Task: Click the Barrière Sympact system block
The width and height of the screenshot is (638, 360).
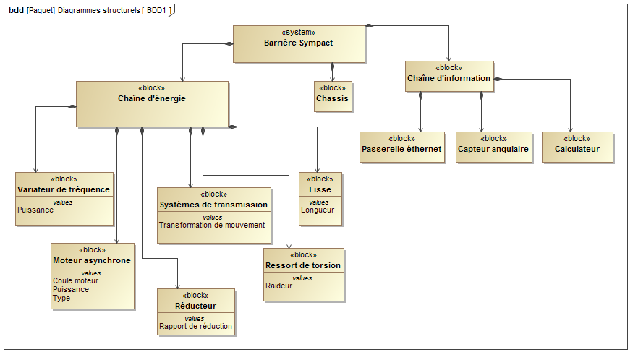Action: coord(298,43)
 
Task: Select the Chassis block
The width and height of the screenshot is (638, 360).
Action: coord(333,98)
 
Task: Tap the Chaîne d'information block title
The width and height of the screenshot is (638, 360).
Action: coord(448,78)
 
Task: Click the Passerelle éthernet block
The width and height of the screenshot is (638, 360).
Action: coord(401,149)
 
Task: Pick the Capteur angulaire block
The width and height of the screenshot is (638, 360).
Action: coord(493,149)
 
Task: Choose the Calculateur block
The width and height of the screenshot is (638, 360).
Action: coord(577,149)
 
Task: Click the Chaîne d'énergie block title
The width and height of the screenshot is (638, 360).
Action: coord(152,98)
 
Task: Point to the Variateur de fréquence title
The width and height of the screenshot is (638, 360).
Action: coord(64,189)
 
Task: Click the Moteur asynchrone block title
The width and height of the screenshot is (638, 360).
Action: coord(92,260)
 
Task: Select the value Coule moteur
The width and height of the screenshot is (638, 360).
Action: coord(76,280)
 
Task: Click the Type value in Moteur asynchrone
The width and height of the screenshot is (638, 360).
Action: coord(61,298)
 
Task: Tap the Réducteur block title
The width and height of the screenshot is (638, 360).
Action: coord(196,306)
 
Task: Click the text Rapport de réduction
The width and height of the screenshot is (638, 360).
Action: coord(196,326)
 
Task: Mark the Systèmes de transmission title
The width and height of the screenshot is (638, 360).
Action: coord(213,205)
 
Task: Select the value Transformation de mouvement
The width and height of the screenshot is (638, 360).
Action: coord(212,225)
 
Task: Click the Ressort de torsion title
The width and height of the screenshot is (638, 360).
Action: coord(304,265)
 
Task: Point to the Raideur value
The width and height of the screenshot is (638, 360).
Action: coord(279,286)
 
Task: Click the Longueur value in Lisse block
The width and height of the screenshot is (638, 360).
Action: coord(318,210)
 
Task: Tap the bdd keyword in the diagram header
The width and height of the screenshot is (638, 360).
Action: coord(15,10)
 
